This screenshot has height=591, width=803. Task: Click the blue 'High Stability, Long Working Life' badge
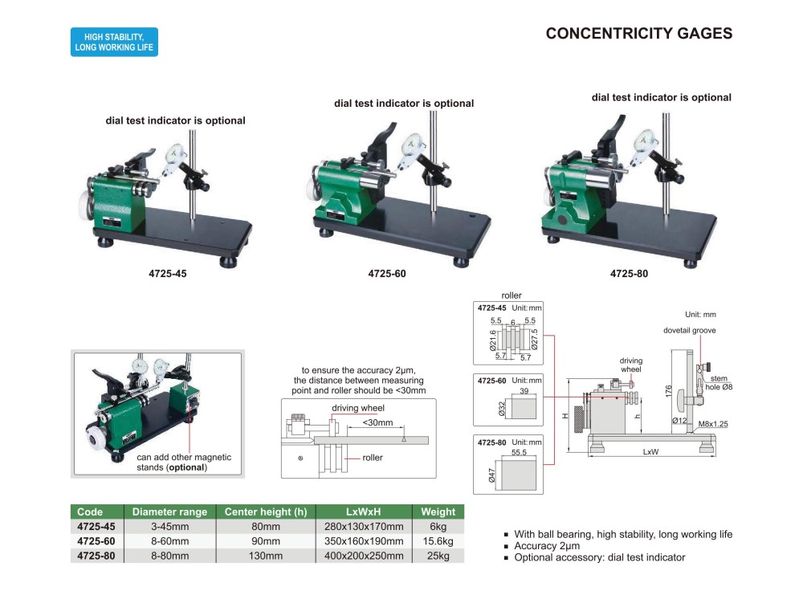(114, 42)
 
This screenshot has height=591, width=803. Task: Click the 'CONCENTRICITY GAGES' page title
(638, 33)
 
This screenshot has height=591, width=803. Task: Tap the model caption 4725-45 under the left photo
(168, 274)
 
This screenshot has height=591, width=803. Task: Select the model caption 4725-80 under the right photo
(629, 274)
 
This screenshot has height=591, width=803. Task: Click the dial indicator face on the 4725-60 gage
(411, 145)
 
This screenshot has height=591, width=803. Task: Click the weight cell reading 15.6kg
(438, 541)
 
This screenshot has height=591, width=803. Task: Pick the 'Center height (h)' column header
(266, 512)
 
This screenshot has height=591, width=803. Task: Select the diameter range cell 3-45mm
(169, 527)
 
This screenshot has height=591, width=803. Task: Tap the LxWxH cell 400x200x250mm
(364, 556)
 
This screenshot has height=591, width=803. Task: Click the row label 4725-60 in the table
(96, 541)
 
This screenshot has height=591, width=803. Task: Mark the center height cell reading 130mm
(265, 556)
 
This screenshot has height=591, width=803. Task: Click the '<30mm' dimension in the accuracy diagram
(377, 422)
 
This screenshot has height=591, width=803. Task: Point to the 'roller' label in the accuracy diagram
(373, 458)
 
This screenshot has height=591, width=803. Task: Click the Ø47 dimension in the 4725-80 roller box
(491, 475)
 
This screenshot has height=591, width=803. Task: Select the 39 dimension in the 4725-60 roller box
(524, 391)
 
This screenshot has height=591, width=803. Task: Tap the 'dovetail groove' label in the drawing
(689, 330)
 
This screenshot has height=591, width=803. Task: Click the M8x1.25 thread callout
(713, 423)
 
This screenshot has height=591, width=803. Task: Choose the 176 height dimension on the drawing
(668, 391)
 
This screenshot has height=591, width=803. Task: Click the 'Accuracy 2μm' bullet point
(547, 546)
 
